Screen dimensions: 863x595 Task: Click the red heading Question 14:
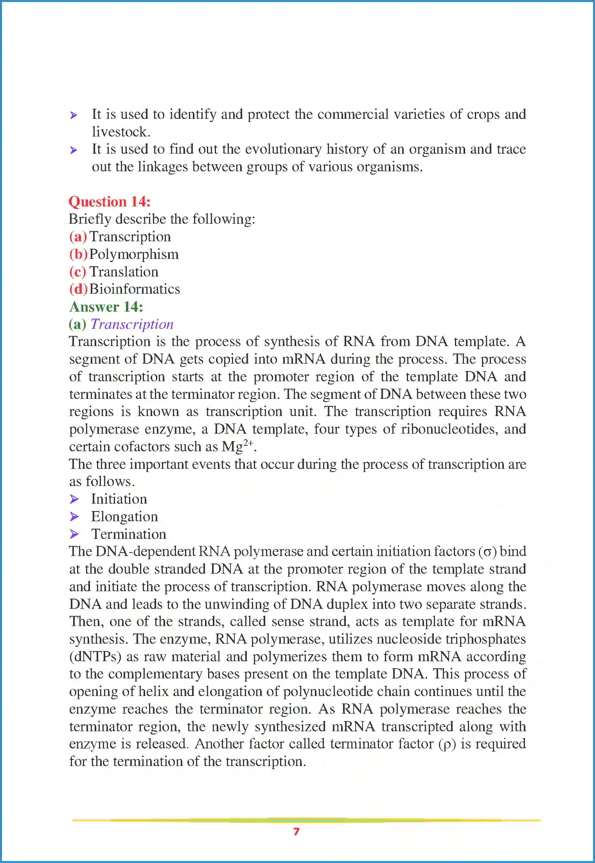[110, 202]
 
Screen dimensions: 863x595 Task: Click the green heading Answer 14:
[106, 307]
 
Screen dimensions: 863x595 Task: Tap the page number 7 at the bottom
[297, 831]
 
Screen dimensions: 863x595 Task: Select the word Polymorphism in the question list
[134, 255]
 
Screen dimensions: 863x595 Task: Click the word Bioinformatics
[135, 289]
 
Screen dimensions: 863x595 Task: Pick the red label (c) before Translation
[77, 272]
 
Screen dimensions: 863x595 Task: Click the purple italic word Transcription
[132, 325]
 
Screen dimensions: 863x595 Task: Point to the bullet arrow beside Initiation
[74, 499]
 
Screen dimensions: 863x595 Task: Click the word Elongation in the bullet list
[124, 517]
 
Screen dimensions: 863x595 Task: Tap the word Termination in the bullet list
[129, 535]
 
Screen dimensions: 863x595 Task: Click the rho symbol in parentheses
[448, 745]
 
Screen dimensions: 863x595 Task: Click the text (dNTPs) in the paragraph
[95, 657]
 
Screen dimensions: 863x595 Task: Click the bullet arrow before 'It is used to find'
[74, 150]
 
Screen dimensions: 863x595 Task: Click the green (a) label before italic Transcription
[77, 325]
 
